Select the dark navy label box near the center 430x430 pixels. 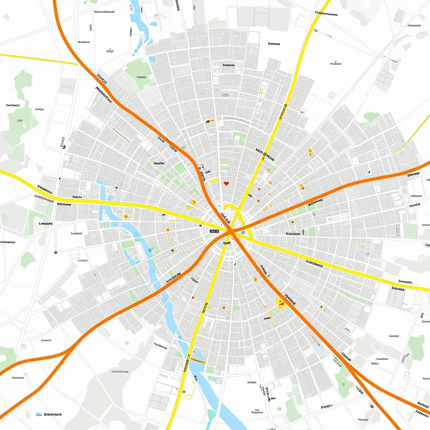(214, 231)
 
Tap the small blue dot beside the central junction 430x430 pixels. (243, 232)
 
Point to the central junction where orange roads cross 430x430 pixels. (231, 231)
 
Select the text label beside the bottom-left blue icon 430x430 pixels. (53, 414)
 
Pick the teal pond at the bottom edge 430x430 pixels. (212, 416)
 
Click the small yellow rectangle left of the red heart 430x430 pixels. (214, 181)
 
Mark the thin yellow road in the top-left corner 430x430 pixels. (38, 59)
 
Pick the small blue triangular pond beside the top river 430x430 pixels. (136, 52)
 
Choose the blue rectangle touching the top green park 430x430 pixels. (152, 60)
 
